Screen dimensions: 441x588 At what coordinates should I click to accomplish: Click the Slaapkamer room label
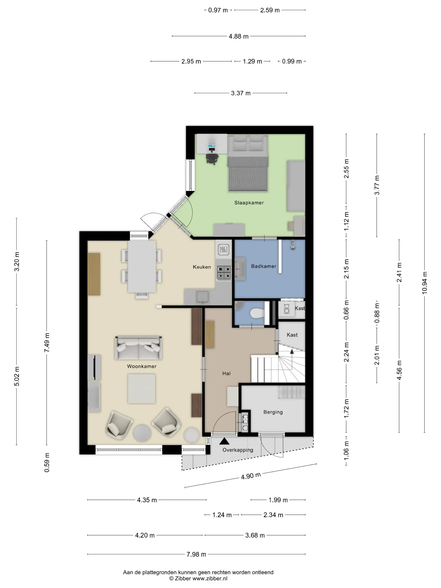pos(249,203)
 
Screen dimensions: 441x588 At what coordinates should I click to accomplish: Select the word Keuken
pos(202,267)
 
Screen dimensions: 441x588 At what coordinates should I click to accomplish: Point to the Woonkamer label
pos(142,366)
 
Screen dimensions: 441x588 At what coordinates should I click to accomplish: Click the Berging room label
pos(273,412)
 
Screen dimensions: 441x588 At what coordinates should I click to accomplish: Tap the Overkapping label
pos(238,450)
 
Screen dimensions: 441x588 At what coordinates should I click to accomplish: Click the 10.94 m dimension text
pos(425,283)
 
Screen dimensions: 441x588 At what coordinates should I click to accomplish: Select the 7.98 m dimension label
pos(196,554)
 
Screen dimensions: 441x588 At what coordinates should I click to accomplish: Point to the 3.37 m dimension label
pos(241,93)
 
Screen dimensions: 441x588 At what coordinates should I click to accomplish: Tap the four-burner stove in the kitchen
pos(224,273)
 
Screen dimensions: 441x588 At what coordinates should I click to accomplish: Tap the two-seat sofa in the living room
pos(138,348)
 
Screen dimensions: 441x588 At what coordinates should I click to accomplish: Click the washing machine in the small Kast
pos(287,309)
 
